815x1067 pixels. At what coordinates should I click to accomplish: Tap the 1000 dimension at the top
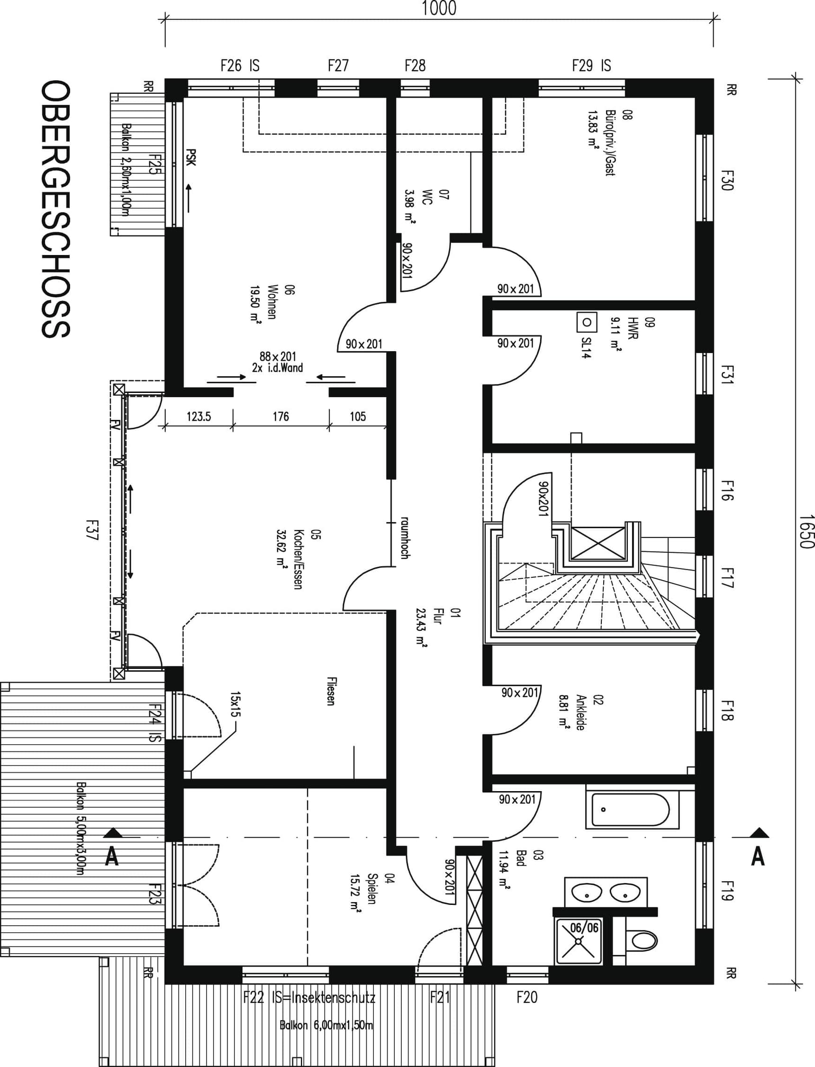[439, 8]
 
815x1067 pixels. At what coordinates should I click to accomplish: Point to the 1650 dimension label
[806, 532]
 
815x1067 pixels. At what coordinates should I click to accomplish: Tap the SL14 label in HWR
[587, 347]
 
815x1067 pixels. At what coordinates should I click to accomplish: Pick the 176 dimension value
[281, 416]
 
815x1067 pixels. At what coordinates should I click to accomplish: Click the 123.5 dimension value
[199, 416]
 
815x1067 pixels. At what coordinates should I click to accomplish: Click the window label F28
[415, 65]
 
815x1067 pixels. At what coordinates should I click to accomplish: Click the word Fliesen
[330, 692]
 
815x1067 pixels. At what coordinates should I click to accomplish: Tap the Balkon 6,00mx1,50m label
[326, 1025]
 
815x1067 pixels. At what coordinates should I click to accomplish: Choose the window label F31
[726, 374]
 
